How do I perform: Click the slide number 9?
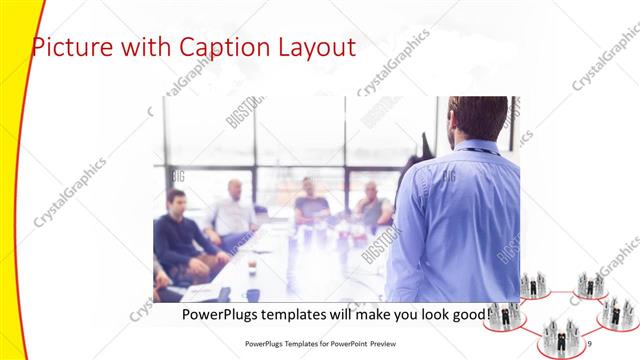click(x=590, y=343)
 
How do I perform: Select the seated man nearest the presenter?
click(x=371, y=205)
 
